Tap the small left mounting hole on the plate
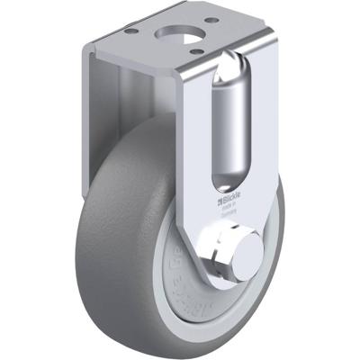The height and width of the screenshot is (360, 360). (132, 31)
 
